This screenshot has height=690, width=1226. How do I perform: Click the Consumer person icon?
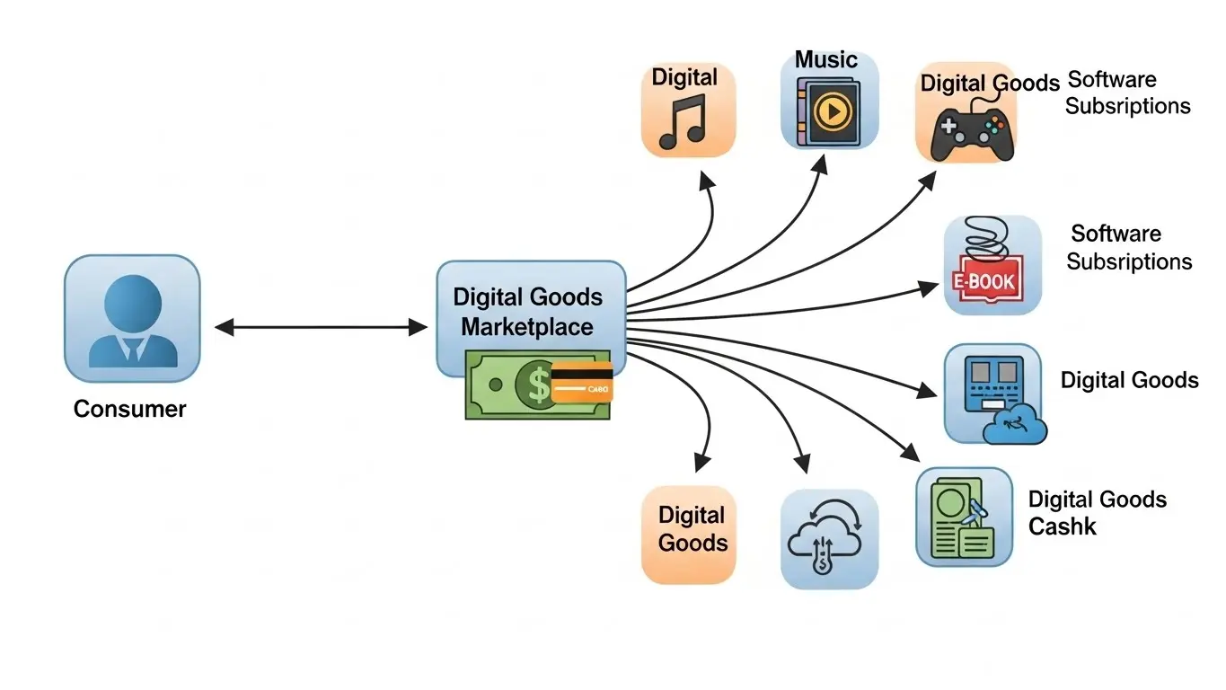click(x=132, y=320)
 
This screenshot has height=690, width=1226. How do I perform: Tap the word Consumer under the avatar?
click(x=129, y=410)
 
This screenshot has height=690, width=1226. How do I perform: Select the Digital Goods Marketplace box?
click(x=529, y=311)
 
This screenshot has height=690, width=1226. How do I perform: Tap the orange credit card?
click(x=581, y=382)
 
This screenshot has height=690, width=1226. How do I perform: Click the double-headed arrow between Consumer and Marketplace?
click(x=321, y=328)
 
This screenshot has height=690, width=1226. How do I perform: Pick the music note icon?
click(x=684, y=124)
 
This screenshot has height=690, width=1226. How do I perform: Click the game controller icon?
click(x=970, y=132)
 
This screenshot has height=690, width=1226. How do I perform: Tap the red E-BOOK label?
click(x=983, y=281)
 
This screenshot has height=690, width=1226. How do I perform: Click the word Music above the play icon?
click(x=826, y=60)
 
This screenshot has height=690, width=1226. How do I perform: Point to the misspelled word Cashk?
click(x=1062, y=526)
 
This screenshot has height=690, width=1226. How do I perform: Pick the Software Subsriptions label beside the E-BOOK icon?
click(x=1129, y=248)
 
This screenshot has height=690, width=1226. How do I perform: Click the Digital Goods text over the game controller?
click(x=990, y=84)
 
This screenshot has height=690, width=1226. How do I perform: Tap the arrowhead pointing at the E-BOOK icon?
click(x=931, y=287)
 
